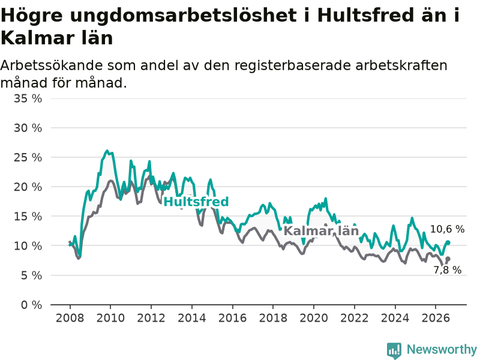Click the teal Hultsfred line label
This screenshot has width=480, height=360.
196,202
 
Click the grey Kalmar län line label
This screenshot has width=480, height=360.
321,231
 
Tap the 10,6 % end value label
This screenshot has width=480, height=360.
447,229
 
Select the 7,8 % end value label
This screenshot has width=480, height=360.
447,270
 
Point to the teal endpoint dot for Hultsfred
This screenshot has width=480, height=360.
448,243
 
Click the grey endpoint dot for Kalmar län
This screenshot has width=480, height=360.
448,259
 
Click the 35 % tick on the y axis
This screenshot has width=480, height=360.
28,98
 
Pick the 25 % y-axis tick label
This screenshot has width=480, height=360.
28,157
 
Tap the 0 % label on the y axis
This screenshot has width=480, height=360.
32,305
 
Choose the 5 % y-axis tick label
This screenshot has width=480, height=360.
32,275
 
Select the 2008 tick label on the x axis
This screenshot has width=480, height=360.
70,318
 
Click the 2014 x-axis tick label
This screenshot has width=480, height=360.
192,318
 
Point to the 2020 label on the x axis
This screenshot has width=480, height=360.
314,318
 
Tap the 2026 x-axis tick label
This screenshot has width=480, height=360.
436,318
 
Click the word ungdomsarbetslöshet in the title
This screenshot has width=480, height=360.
183,16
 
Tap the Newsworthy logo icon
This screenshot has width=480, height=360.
394,350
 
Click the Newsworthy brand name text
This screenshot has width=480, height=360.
442,349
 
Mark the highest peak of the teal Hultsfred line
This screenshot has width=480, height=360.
107,151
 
